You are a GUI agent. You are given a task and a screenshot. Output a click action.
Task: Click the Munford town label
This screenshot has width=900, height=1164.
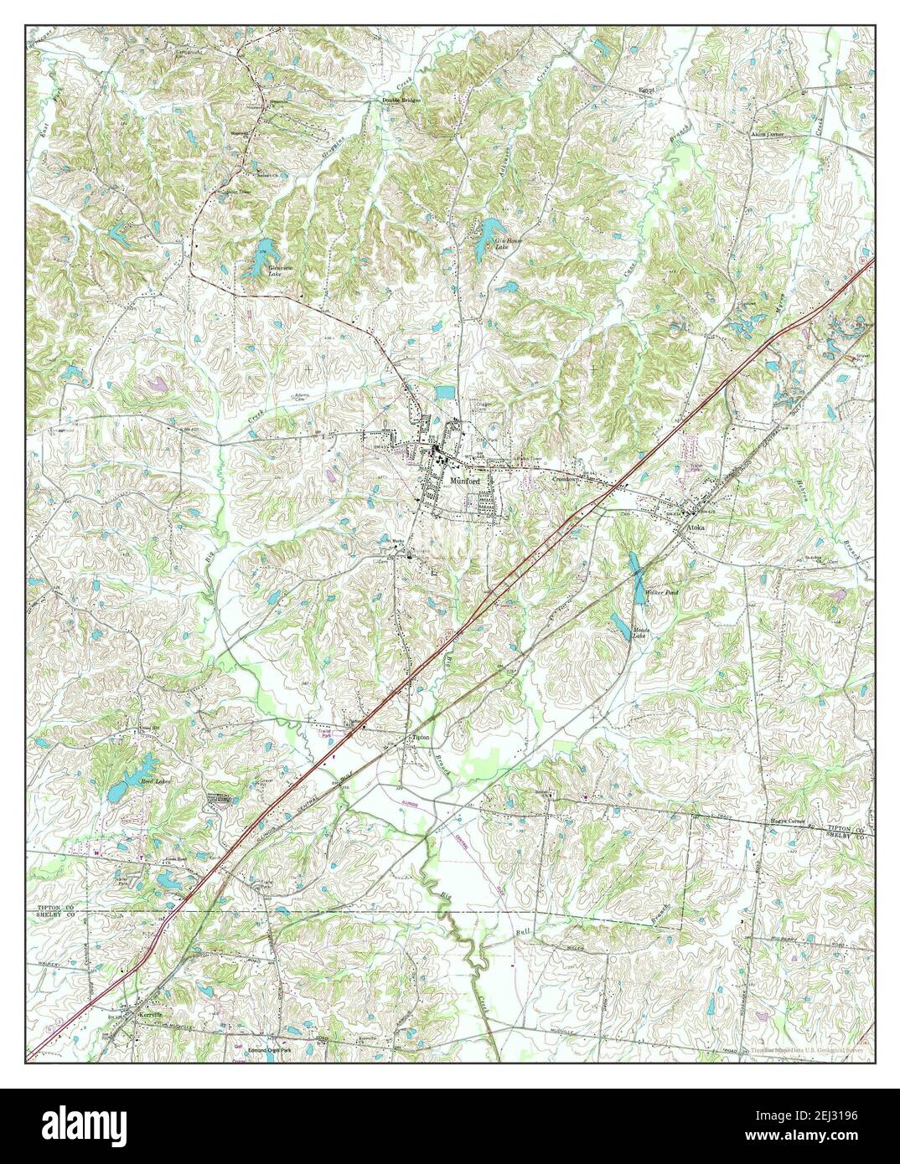click(463, 482)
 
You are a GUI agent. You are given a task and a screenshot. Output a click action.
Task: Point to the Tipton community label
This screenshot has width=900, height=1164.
click(421, 738)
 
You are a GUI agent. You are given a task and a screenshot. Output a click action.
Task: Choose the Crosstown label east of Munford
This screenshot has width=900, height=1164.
click(567, 477)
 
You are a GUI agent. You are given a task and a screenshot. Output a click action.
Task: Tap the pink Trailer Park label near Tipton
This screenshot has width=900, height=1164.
click(328, 733)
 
